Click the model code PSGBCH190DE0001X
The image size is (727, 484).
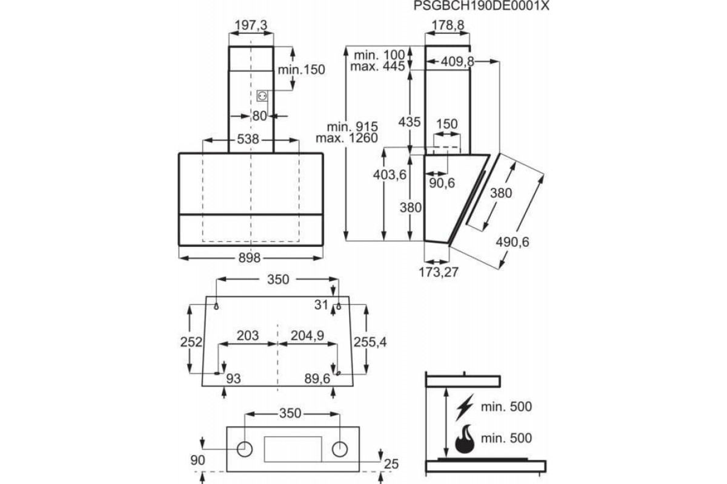click(x=481, y=6)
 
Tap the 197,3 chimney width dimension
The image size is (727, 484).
click(x=251, y=25)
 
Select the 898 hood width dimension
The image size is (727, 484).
click(x=249, y=258)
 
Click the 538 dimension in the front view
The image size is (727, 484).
click(x=248, y=139)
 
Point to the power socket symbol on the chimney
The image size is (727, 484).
click(x=262, y=96)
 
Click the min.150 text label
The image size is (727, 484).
click(x=302, y=70)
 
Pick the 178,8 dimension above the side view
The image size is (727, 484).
click(x=448, y=25)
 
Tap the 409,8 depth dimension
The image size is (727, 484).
click(x=457, y=62)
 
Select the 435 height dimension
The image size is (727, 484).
click(x=410, y=122)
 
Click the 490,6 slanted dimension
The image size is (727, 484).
click(x=513, y=242)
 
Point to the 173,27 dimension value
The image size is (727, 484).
click(x=439, y=272)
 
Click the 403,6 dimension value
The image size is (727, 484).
click(x=390, y=175)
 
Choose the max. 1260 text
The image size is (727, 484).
click(x=347, y=138)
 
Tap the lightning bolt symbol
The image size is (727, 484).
click(x=465, y=407)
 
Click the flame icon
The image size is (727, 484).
click(x=465, y=439)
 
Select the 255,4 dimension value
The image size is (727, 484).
click(x=370, y=342)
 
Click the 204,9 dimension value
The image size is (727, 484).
click(x=307, y=336)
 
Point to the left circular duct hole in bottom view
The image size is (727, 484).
click(x=245, y=450)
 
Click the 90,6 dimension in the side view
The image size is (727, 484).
click(x=442, y=183)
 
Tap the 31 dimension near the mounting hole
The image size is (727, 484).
click(x=321, y=305)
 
